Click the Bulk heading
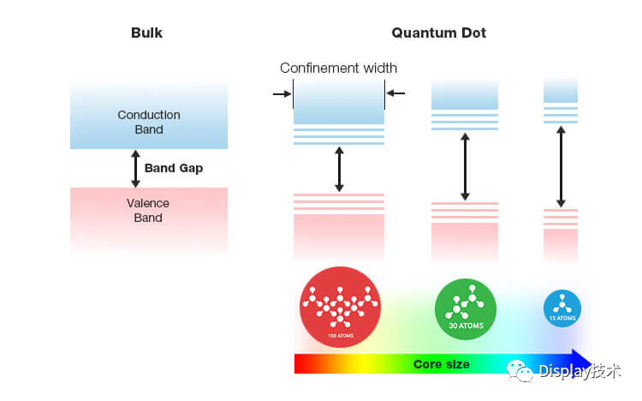point(146,33)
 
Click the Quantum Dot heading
point(439,33)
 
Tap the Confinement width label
point(338,69)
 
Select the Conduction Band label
point(149,123)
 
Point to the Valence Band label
point(149,211)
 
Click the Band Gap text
point(174,168)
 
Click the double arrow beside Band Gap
point(134,168)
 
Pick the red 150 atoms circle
point(339,308)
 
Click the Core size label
point(442,364)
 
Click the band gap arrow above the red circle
point(339,169)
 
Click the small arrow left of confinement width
point(282,93)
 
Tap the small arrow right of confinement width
point(395,93)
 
